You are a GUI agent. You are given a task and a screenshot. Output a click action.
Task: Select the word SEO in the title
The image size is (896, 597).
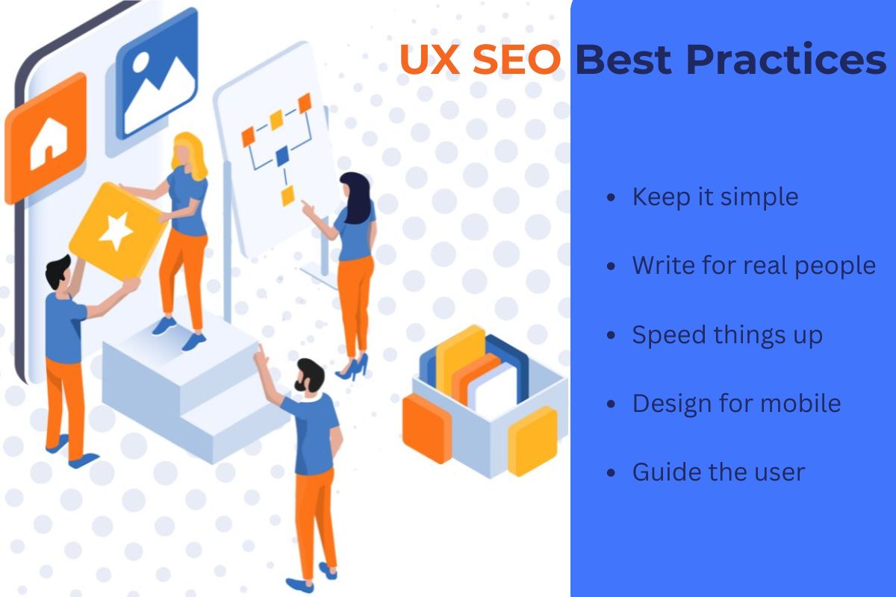click(x=514, y=60)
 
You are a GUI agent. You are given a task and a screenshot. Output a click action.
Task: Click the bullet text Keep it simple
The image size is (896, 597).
click(x=715, y=197)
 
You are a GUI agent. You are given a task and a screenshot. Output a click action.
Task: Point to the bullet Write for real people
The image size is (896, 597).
click(x=753, y=266)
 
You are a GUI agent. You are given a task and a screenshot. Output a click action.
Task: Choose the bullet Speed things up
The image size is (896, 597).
click(x=727, y=335)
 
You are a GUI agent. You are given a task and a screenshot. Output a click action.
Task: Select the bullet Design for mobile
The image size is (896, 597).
click(x=736, y=404)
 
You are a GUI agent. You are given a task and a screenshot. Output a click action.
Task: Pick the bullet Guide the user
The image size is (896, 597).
click(x=718, y=472)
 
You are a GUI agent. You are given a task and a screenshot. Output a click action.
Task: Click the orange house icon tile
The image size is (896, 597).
click(x=47, y=138)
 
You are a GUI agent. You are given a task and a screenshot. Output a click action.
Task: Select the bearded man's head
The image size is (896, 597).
click(x=309, y=376)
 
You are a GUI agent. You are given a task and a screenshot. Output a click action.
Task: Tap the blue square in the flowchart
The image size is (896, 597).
click(x=281, y=156)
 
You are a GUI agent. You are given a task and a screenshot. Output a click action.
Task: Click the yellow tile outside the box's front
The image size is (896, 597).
click(x=532, y=440)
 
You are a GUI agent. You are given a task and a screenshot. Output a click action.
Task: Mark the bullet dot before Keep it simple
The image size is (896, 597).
click(x=612, y=198)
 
